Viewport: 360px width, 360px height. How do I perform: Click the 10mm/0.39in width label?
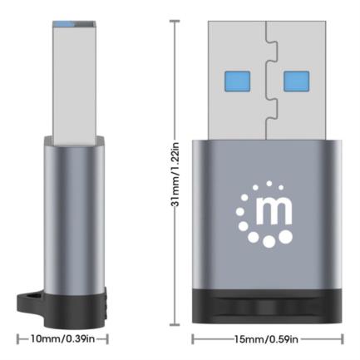pos(62,339)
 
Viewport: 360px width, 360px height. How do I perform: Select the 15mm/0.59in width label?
pos(268,339)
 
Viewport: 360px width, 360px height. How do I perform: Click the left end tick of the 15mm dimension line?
pos(193,339)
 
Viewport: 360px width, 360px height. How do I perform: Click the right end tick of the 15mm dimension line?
pos(342,339)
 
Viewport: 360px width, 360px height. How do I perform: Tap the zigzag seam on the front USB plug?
pos(267,75)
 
